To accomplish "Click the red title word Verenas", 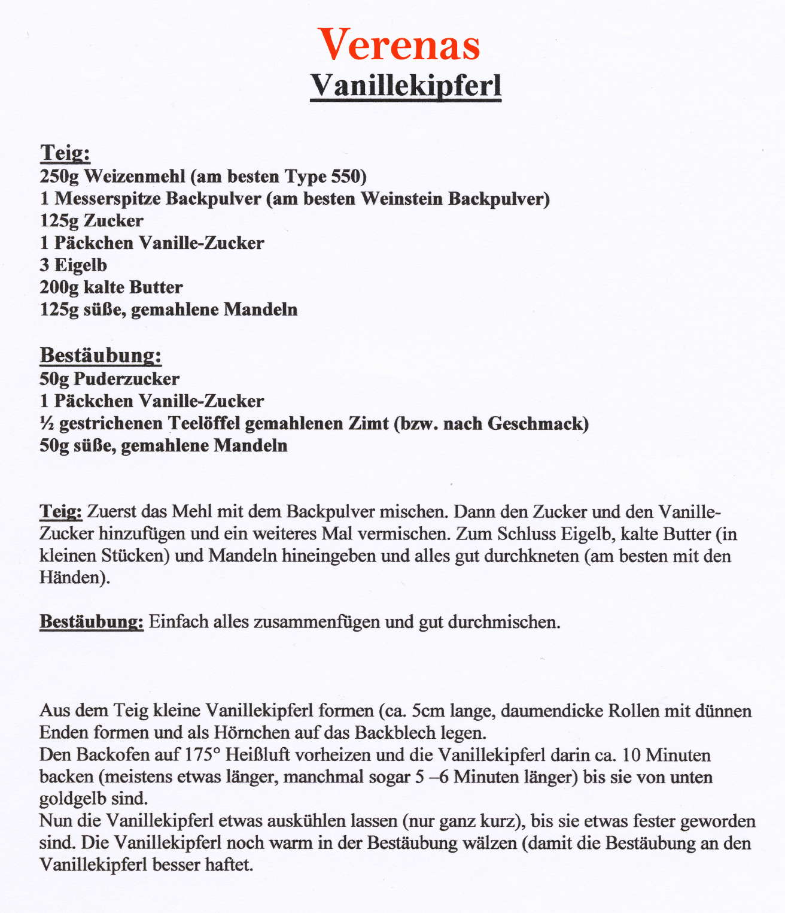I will [x=399, y=45].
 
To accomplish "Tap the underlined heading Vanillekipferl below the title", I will [x=406, y=86].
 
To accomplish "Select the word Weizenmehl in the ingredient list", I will [x=135, y=177].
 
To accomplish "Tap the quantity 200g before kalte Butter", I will [x=59, y=288].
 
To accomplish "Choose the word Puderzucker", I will [x=126, y=379].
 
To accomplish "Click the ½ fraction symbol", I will [x=47, y=424].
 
